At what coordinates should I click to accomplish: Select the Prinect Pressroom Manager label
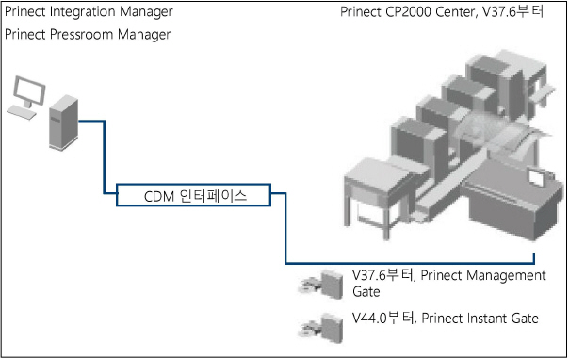pyautogui.click(x=88, y=35)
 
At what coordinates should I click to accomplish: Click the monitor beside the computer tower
pyautogui.click(x=25, y=95)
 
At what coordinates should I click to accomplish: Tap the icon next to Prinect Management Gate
pyautogui.click(x=321, y=283)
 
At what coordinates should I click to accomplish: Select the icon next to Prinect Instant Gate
pyautogui.click(x=321, y=326)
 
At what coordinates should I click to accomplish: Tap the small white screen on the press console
pyautogui.click(x=536, y=177)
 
